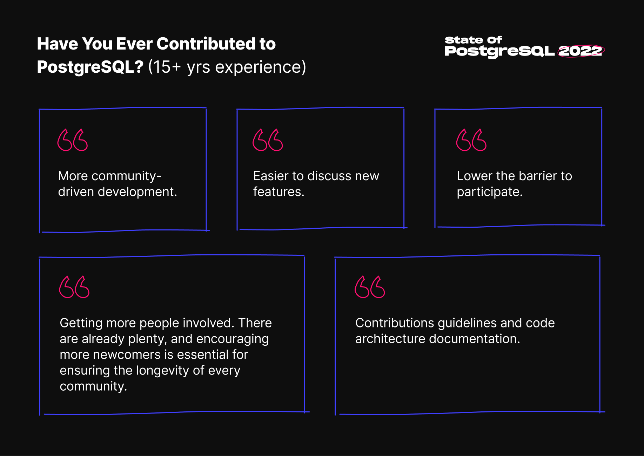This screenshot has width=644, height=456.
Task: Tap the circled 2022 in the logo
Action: [x=581, y=51]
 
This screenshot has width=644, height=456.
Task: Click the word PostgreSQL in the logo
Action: [x=500, y=51]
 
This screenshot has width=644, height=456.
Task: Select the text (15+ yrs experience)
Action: [x=227, y=67]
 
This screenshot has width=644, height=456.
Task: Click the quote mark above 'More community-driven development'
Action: [x=73, y=140]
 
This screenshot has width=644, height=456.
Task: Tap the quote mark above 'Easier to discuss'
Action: [x=268, y=140]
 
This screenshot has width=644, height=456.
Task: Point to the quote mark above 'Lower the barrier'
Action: [x=471, y=140]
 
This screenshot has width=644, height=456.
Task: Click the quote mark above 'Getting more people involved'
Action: [x=74, y=287]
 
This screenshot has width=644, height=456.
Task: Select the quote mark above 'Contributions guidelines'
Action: [x=370, y=287]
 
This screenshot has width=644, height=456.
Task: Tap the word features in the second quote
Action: [x=279, y=192]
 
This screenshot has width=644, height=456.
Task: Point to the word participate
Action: [x=490, y=192]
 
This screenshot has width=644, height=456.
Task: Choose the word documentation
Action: [x=475, y=339]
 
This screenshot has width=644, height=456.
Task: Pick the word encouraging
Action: [x=233, y=339]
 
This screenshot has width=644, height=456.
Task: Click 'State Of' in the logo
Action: [x=474, y=40]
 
